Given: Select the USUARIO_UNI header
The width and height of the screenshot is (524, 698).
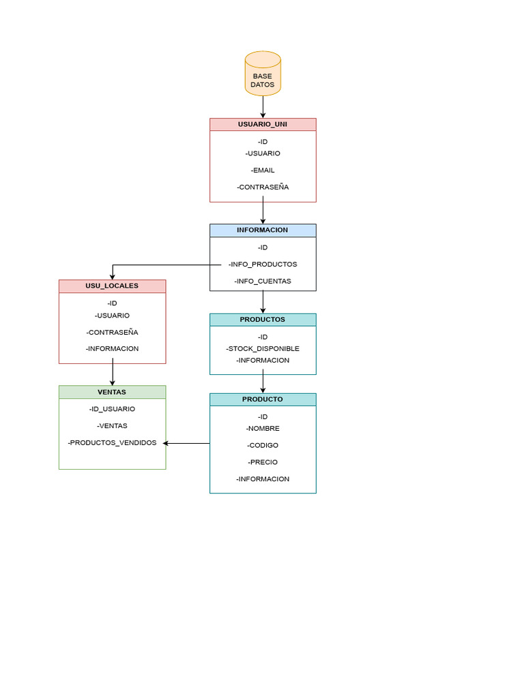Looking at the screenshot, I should [x=263, y=124].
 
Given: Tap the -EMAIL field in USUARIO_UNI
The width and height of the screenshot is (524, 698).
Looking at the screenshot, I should [x=263, y=170].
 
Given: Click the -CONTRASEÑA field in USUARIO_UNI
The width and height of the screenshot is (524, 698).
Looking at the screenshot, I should [x=263, y=187].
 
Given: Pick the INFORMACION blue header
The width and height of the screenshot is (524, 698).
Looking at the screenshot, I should [x=263, y=230].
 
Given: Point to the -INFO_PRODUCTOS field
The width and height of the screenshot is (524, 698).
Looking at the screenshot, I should [x=263, y=264].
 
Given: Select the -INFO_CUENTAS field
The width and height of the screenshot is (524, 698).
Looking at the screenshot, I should [x=263, y=281].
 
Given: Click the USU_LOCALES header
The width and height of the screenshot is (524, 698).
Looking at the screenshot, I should [x=112, y=286].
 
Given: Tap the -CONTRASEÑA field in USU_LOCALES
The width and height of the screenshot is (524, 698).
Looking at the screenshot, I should [x=112, y=333].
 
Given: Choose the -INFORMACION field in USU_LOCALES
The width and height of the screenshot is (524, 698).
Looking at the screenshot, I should [x=112, y=349].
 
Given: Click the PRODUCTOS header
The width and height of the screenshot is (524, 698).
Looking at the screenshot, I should [x=263, y=320].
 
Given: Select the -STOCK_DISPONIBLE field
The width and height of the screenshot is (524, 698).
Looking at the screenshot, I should [x=263, y=349].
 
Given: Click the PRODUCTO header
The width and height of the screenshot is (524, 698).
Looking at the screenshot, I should [x=263, y=399].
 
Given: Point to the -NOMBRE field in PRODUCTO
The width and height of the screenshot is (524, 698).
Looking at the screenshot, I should [x=263, y=429].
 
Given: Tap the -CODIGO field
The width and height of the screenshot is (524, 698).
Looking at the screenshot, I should [x=263, y=445].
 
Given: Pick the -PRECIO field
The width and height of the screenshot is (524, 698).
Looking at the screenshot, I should [x=263, y=462].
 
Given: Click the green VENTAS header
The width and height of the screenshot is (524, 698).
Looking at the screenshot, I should [x=112, y=392].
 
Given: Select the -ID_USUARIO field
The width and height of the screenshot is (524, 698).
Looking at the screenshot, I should [x=112, y=409].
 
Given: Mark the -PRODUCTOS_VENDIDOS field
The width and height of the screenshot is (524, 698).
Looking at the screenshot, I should [x=112, y=443].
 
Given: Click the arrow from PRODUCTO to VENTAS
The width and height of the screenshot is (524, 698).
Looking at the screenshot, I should [x=187, y=444].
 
